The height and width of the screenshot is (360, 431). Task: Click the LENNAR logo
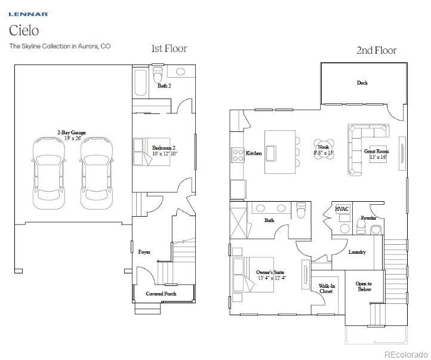tap(28, 14)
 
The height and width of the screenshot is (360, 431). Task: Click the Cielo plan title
tap(23, 30)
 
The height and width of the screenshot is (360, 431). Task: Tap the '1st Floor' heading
tap(169, 48)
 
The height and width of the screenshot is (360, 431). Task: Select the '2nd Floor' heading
tap(376, 50)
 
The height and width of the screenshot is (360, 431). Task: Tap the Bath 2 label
tap(165, 86)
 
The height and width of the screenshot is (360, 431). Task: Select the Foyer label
tap(144, 252)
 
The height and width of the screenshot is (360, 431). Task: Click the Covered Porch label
tap(162, 294)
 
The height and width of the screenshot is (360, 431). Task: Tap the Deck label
tap(362, 83)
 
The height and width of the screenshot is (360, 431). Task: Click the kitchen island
tap(281, 152)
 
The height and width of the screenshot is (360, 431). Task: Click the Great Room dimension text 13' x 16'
tap(377, 158)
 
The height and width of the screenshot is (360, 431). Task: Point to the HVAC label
tap(342, 209)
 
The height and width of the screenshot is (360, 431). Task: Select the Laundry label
tap(357, 252)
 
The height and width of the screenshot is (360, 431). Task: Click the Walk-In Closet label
tap(327, 289)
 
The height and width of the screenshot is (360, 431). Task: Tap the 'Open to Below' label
tap(364, 287)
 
